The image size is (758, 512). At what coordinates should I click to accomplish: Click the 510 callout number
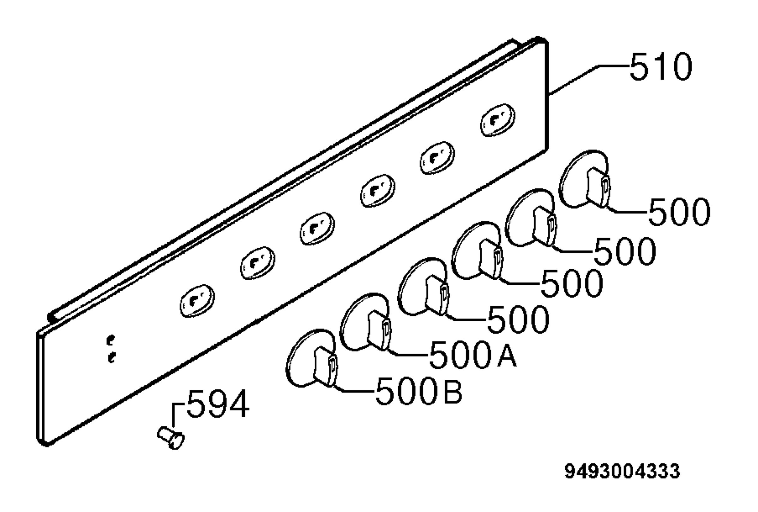pyautogui.click(x=661, y=67)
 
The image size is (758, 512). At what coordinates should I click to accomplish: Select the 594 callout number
pyautogui.click(x=218, y=403)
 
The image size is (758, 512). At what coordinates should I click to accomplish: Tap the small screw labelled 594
pyautogui.click(x=171, y=438)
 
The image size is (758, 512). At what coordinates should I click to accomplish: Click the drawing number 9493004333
pyautogui.click(x=622, y=471)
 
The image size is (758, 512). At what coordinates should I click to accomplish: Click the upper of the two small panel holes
pyautogui.click(x=111, y=340)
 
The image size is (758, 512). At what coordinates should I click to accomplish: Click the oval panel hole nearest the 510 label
pyautogui.click(x=497, y=120)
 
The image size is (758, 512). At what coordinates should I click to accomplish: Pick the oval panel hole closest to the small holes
pyautogui.click(x=197, y=301)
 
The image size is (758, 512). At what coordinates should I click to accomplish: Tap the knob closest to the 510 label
pyautogui.click(x=585, y=179)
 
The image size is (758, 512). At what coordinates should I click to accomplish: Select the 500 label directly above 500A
pyautogui.click(x=518, y=319)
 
